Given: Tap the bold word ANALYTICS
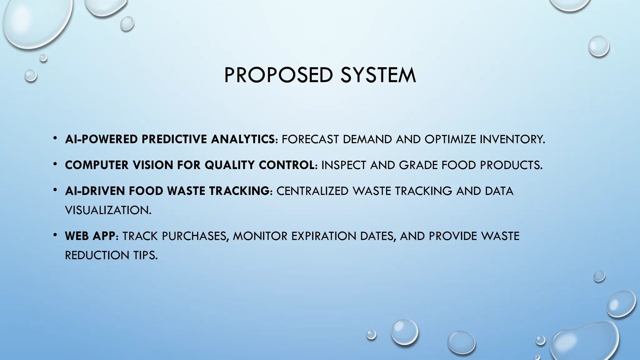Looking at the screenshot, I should (243, 139).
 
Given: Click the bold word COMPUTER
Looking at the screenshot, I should (97, 165).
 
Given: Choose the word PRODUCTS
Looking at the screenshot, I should (511, 165).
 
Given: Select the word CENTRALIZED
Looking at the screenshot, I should (312, 191).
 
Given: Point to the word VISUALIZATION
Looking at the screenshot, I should (108, 210).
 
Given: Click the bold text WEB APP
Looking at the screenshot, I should (90, 236).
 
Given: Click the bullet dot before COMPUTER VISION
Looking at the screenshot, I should (55, 164).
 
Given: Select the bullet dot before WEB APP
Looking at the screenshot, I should (55, 235).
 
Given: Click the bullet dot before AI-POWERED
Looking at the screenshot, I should (55, 138).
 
